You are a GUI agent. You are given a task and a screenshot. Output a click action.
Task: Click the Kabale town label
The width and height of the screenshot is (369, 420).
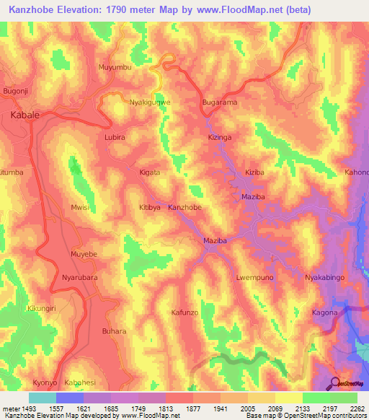(x=25, y=115)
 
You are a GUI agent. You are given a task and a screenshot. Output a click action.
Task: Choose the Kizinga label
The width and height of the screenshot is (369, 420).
(x=221, y=136)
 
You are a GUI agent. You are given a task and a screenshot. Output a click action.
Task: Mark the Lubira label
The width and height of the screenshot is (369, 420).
(x=115, y=136)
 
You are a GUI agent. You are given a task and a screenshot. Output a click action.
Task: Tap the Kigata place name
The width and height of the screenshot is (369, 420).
(x=149, y=173)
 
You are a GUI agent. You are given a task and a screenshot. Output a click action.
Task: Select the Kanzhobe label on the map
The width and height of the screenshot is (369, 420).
(x=184, y=208)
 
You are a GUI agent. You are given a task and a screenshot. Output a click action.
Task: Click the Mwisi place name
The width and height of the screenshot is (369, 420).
(x=79, y=208)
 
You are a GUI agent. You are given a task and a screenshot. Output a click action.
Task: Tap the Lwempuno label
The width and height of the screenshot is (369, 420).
(x=255, y=277)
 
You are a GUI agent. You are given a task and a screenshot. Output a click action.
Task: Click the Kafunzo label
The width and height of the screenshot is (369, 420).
(x=184, y=312)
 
